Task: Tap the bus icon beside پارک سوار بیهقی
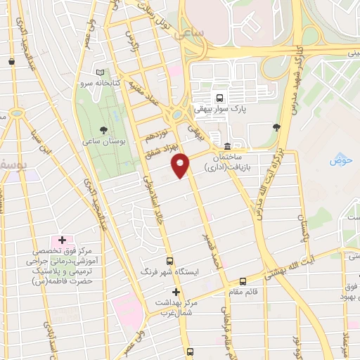coord(220,98)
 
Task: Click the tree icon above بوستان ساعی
coord(104,130)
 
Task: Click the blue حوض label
coord(340,160)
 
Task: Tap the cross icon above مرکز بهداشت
coord(176,291)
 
